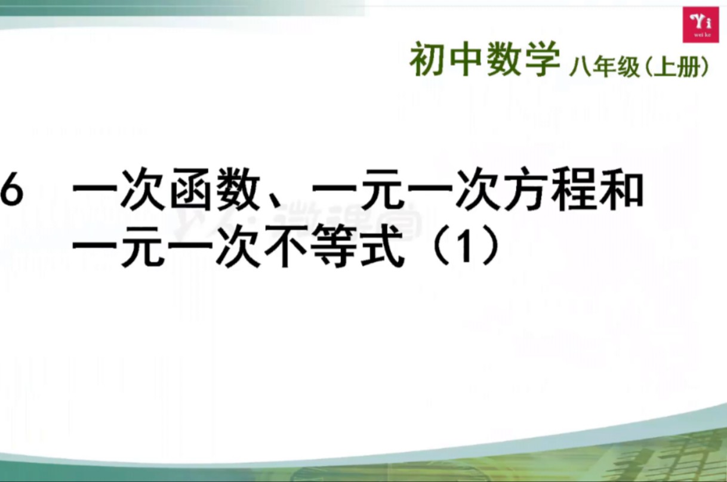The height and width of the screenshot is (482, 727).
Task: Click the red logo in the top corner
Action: pyautogui.click(x=701, y=24)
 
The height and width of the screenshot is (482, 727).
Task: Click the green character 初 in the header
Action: pyautogui.click(x=429, y=61)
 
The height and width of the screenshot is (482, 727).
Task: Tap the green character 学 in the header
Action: pyautogui.click(x=542, y=61)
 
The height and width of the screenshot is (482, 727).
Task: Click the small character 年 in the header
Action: pyautogui.click(x=599, y=67)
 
